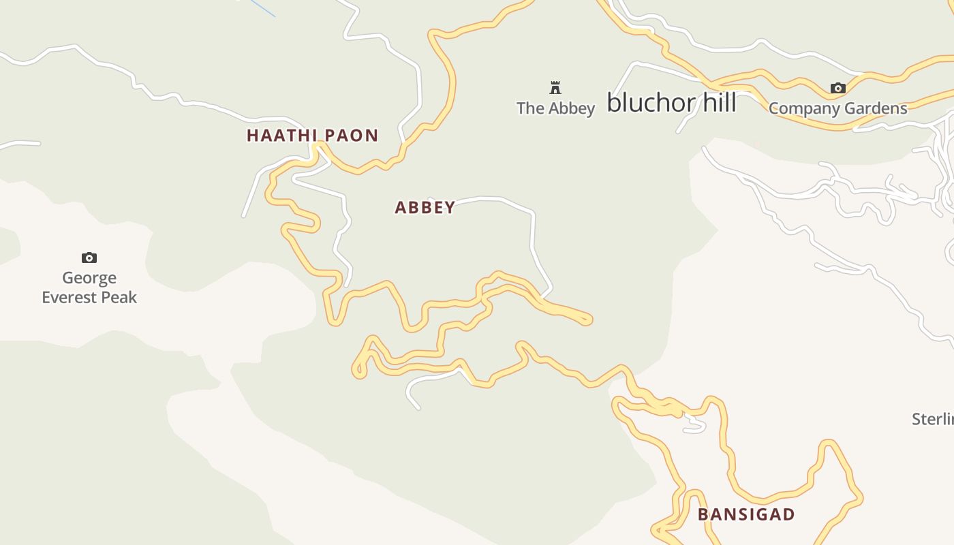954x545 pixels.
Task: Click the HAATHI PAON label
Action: pos(312,136)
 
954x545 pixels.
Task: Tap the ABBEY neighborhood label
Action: pos(425,208)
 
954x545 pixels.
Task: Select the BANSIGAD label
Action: pos(746,514)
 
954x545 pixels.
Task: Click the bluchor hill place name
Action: pos(671,103)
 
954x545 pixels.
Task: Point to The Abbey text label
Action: pos(555,108)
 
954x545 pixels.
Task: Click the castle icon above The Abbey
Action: pos(555,87)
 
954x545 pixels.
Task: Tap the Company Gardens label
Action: pos(837,108)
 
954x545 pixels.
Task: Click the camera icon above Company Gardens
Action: pos(837,88)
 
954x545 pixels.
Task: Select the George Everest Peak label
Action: pos(89,287)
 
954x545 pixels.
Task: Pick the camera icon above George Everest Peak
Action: pos(89,258)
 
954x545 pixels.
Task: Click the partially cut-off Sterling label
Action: pos(934,419)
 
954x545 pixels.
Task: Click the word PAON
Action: pos(351,136)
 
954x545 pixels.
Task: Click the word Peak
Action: pos(120,298)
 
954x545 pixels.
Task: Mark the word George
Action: pos(89,278)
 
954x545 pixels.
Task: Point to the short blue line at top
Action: pos(263,8)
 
